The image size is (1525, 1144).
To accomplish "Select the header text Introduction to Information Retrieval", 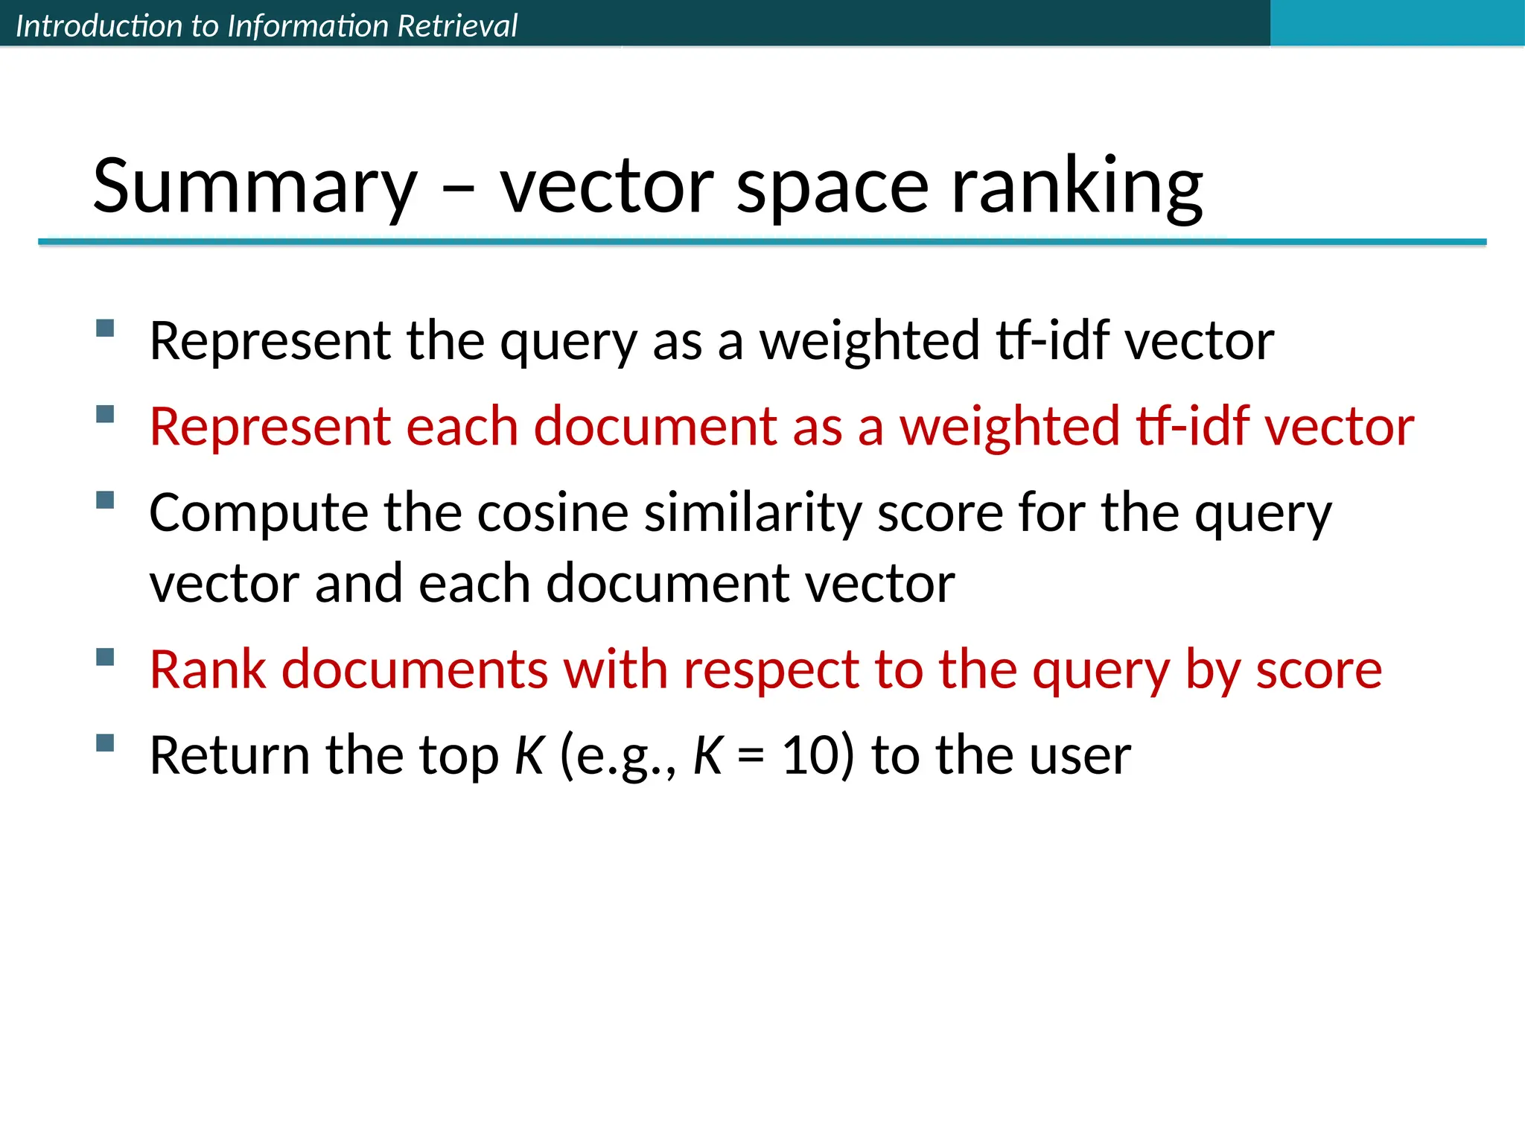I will click(266, 25).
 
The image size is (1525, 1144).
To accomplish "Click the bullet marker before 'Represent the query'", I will click(105, 328).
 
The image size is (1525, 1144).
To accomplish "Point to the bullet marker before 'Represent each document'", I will click(105, 414).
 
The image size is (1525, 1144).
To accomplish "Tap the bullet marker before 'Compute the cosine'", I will click(105, 500).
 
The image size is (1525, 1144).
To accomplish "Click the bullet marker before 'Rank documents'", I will click(105, 657).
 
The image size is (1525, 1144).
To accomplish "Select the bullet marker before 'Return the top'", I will click(105, 743).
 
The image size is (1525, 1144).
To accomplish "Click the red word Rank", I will click(208, 669).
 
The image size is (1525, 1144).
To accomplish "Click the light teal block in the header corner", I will click(1397, 22).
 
